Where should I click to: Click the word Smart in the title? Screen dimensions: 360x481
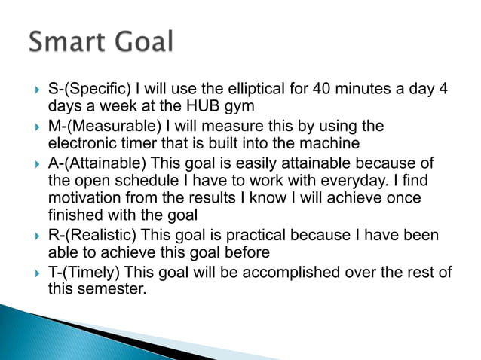click(x=69, y=41)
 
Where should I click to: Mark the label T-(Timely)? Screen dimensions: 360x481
click(x=84, y=272)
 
